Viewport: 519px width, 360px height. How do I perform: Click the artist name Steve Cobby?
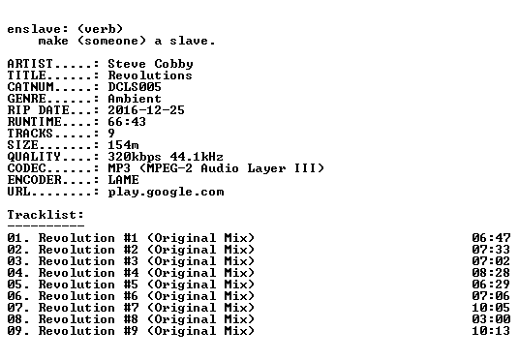tap(150, 64)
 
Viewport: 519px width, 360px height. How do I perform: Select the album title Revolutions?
tap(150, 75)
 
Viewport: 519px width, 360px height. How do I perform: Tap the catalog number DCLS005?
tap(135, 87)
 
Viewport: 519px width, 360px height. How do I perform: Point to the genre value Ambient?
tap(135, 99)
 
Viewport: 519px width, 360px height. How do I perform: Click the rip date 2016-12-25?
tap(146, 110)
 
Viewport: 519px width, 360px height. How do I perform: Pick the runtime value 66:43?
tap(127, 122)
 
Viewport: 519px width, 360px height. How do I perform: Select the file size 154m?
tap(123, 145)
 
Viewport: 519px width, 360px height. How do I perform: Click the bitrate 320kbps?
tap(135, 157)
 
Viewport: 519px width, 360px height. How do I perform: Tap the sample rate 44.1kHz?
tap(197, 157)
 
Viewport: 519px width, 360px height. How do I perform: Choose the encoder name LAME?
tap(123, 180)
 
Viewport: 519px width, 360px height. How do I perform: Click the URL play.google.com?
tap(166, 193)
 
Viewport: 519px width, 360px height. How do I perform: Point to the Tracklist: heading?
tap(46, 215)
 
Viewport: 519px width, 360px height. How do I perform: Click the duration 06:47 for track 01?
tap(491, 238)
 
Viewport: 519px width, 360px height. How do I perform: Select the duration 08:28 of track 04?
tap(491, 273)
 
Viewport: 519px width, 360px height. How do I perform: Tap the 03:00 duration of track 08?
tap(491, 319)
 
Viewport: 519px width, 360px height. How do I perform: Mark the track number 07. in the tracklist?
tap(18, 308)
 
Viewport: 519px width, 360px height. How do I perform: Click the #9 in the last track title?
tap(131, 331)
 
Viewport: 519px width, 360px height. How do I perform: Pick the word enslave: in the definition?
tap(38, 29)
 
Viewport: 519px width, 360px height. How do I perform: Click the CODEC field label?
tap(26, 168)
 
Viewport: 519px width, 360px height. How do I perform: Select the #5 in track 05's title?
tap(131, 285)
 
